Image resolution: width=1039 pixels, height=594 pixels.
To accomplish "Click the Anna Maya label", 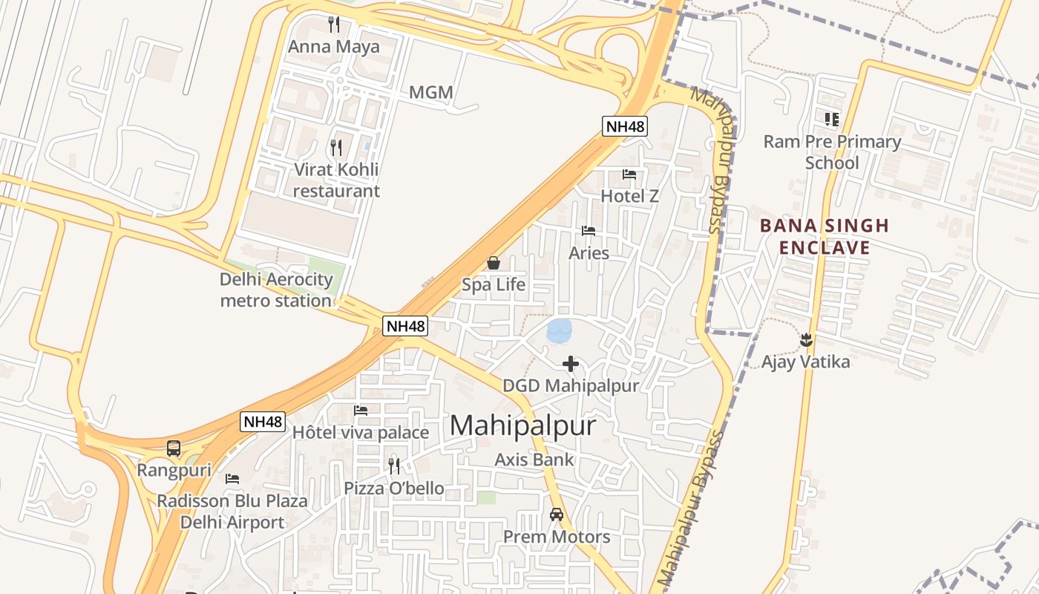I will tap(333, 47).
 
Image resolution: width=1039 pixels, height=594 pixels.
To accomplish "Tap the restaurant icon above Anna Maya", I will tap(334, 25).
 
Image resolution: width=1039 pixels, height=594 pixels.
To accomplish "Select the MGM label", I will tap(431, 93).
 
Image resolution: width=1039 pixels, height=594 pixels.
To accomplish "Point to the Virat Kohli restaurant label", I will tap(336, 180).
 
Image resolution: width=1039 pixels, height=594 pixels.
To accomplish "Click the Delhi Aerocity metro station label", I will tap(276, 290).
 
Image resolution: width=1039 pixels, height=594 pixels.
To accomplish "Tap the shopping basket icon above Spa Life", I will tap(494, 263).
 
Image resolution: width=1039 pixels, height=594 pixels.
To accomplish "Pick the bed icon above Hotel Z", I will tap(629, 174).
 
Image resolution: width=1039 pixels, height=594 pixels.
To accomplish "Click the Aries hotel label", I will tap(589, 253).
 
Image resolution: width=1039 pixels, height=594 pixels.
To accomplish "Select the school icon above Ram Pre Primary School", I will tap(832, 119).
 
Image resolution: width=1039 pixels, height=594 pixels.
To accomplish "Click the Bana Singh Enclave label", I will tap(825, 237).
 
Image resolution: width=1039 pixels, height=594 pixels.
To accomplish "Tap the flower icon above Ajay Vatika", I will tap(806, 341).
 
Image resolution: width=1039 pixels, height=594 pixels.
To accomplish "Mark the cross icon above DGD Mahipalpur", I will tap(571, 364).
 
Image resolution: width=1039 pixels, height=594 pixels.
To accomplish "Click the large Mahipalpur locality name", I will tap(523, 425).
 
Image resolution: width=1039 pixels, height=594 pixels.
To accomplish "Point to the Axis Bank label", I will tap(534, 460).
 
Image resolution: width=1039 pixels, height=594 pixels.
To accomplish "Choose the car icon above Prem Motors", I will tap(557, 514).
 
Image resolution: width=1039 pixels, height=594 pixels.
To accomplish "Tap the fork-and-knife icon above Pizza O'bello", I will tap(394, 466).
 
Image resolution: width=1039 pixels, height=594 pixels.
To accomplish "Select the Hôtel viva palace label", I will tap(361, 432).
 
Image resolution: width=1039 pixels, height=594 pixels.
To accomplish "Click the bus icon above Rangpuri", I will tap(174, 448).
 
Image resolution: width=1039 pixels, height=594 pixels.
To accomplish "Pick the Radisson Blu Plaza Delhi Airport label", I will tap(232, 511).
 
